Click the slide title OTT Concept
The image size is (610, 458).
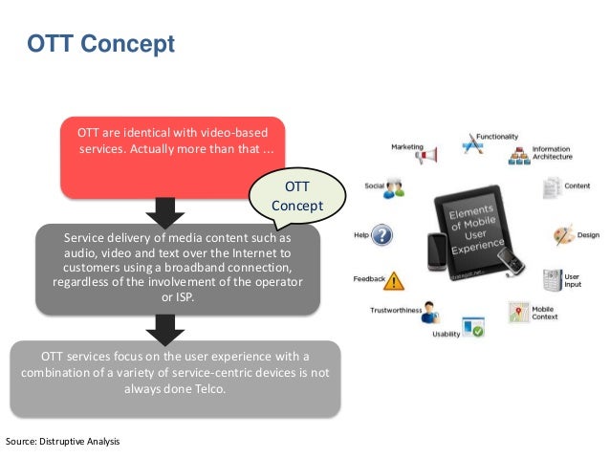point(99,44)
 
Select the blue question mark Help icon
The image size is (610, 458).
point(381,235)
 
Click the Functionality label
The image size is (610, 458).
point(497,137)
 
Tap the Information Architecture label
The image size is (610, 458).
point(553,154)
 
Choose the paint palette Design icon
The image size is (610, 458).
point(563,234)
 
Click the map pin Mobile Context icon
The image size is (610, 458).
point(519,312)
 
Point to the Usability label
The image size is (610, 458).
point(446,334)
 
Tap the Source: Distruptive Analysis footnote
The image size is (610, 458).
point(63,441)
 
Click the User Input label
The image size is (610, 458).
point(572,280)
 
